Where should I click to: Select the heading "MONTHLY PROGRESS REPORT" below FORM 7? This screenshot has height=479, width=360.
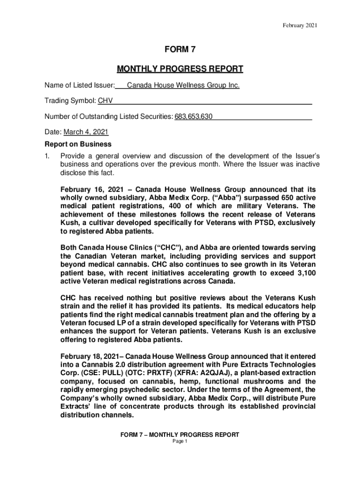[180, 69]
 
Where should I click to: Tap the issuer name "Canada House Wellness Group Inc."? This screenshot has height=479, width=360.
[183, 86]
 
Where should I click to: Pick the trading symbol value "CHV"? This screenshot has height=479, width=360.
[105, 101]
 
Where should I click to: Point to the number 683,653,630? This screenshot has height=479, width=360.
[194, 116]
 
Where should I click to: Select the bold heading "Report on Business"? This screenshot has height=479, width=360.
[78, 144]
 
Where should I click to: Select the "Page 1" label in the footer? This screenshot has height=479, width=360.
[180, 442]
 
